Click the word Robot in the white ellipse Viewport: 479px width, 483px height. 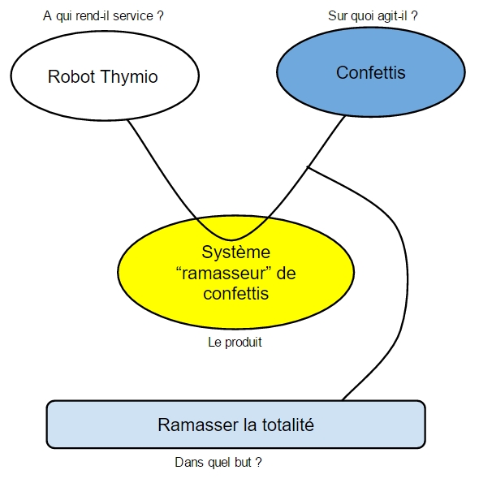pos(71,76)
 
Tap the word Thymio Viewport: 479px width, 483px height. pos(129,77)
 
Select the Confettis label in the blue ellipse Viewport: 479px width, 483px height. pos(370,73)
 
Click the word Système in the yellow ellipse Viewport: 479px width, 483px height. pos(236,252)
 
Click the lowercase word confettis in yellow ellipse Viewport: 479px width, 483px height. pos(236,293)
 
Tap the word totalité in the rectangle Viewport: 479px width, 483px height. pos(288,425)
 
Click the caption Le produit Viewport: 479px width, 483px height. pos(235,343)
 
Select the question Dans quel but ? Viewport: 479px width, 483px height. pos(218,462)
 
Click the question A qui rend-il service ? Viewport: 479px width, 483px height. pos(103,16)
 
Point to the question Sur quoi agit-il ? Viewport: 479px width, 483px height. pos(373,16)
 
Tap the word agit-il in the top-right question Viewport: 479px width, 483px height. pos(392,16)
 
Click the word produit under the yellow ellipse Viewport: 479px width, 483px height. pos(244,343)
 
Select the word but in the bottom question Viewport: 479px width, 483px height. pos(243,462)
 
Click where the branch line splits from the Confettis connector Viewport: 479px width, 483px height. pos(308,167)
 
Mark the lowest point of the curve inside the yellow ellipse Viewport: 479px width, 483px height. pos(231,239)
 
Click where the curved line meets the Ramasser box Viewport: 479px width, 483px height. pos(343,400)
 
